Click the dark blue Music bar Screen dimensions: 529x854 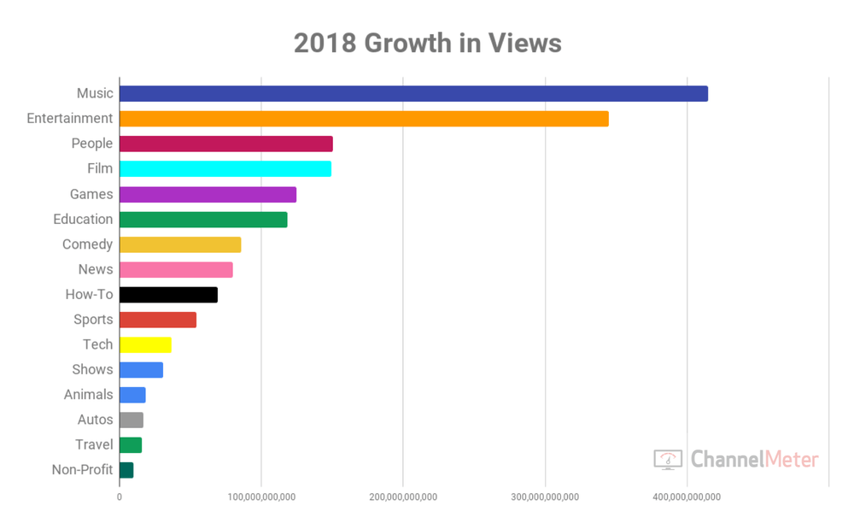click(413, 94)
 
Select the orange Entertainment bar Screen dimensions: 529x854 click(364, 119)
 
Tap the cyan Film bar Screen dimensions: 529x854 click(225, 169)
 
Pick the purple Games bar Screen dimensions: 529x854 click(208, 194)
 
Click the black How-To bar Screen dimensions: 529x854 click(168, 295)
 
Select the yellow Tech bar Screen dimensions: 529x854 click(145, 344)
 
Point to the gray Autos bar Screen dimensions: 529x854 click(132, 420)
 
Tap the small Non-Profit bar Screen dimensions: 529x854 click(126, 470)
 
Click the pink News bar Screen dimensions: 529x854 click(176, 270)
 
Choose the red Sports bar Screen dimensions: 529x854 click(158, 320)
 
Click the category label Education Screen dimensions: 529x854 click(83, 220)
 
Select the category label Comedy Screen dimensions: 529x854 click(87, 244)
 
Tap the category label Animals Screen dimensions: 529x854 click(88, 395)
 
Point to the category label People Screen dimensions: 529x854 click(91, 144)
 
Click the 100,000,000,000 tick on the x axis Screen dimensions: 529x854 click(261, 497)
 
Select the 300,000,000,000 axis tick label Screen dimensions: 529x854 click(545, 497)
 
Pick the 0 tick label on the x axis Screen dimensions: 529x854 click(120, 497)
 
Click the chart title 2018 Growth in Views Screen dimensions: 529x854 click(427, 43)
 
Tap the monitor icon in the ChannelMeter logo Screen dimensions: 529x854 click(668, 459)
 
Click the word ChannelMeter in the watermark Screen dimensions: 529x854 click(754, 460)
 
